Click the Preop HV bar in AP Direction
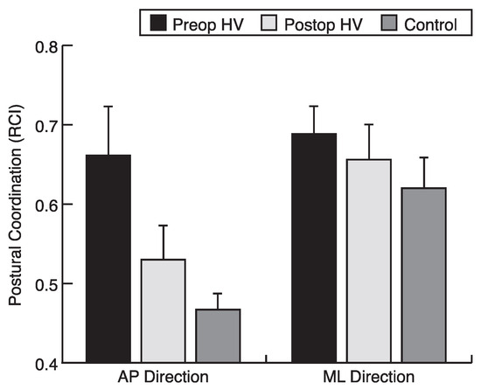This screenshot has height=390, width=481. click(108, 259)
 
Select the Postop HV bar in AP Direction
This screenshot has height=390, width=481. click(164, 311)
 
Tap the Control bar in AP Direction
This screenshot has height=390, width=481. click(218, 336)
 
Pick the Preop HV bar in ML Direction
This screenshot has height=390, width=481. click(314, 248)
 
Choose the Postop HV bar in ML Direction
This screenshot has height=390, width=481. click(369, 261)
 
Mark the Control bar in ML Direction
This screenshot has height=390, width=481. click(424, 275)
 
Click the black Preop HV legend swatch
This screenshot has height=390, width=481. click(158, 23)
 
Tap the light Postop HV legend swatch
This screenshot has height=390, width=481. click(268, 23)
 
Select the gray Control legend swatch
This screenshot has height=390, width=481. click(389, 23)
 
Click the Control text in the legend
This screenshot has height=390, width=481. click(430, 24)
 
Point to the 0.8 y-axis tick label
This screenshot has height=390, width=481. click(46, 47)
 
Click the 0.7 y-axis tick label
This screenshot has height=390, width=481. click(46, 126)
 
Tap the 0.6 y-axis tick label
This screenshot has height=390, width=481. click(46, 205)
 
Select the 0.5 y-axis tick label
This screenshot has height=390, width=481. click(46, 285)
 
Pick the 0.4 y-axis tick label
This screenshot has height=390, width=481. click(46, 365)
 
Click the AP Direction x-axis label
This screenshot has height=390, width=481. click(164, 377)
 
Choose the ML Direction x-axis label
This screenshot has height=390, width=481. click(369, 377)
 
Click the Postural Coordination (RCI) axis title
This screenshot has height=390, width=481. click(16, 205)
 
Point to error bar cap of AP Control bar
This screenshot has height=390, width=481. click(218, 294)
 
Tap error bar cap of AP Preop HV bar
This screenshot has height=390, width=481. click(108, 107)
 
